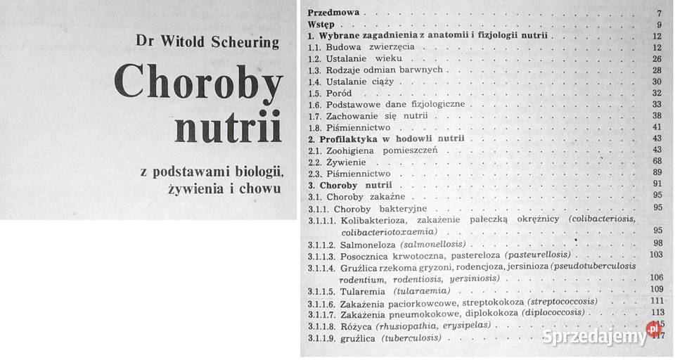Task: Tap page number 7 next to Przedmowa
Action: coord(658,13)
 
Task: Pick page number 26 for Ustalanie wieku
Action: coord(656,58)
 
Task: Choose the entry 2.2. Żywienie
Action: coord(333,162)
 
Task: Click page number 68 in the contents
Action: coord(656,162)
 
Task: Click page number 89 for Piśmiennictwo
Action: coord(656,173)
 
